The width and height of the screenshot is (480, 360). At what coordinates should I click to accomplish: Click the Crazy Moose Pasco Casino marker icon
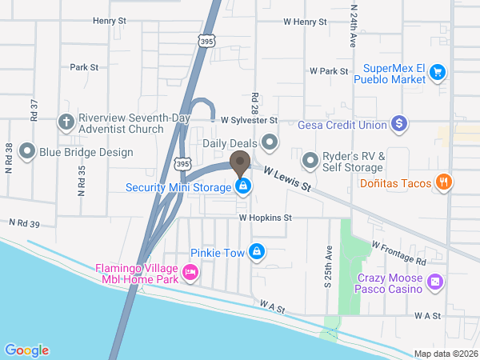click(x=434, y=282)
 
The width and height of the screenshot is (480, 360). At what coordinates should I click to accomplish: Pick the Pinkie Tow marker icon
click(x=256, y=252)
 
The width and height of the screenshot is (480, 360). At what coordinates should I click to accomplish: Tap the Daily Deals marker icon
click(x=270, y=143)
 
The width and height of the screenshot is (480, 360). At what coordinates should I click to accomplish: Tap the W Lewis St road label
click(x=288, y=178)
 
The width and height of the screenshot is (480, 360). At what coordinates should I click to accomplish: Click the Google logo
click(x=26, y=350)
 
